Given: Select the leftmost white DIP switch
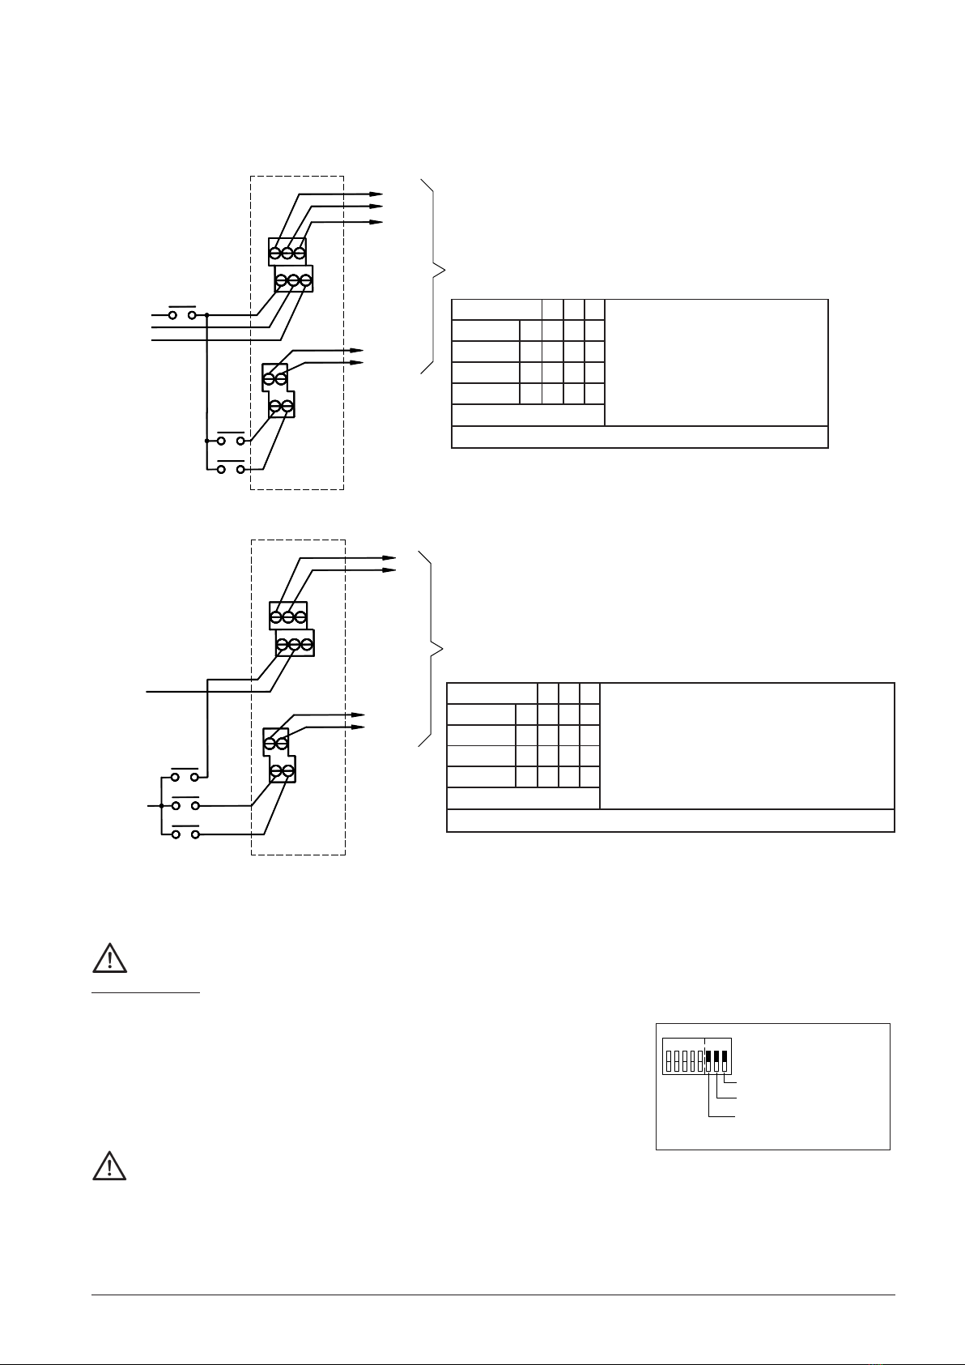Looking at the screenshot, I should (x=668, y=1061).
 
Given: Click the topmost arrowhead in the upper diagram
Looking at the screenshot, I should (x=376, y=194).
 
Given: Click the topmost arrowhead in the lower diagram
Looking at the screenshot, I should (x=390, y=558).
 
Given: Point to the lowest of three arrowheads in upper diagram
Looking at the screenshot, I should (x=376, y=221).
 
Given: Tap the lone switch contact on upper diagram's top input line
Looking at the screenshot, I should (x=183, y=314).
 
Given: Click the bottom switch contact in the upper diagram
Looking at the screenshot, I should (x=231, y=468).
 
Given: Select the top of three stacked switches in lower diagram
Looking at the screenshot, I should (x=184, y=776).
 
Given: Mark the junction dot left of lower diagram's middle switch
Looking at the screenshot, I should (x=162, y=806).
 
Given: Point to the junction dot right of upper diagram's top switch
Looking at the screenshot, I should (x=207, y=314).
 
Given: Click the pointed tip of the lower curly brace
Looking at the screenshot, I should (x=442, y=647).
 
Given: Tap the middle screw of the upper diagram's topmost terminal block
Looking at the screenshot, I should (x=287, y=253).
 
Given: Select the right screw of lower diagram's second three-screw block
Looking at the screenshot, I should (x=306, y=645).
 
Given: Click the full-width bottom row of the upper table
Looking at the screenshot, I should (x=640, y=437).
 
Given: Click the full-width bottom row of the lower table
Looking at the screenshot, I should (x=670, y=821).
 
